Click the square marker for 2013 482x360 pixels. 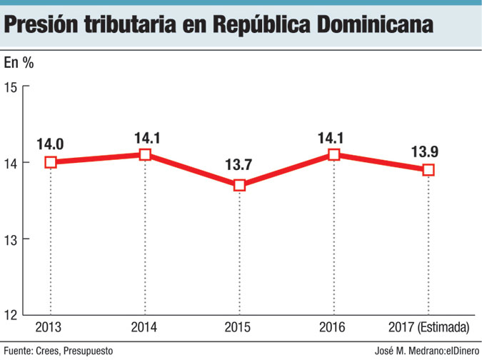(x=51, y=162)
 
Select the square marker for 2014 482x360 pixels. (x=145, y=154)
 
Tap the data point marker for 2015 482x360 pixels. (x=239, y=185)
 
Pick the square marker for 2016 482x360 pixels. (x=333, y=154)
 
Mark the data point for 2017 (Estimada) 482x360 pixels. (x=428, y=170)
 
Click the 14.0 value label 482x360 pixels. (x=50, y=144)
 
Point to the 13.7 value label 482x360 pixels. (x=239, y=166)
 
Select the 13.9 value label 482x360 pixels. (x=427, y=151)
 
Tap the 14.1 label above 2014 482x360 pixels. (x=145, y=136)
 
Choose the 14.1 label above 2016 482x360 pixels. (x=333, y=136)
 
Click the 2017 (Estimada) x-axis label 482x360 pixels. (x=428, y=328)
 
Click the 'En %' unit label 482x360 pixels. (x=19, y=62)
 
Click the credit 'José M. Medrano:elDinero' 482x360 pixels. (x=426, y=351)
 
